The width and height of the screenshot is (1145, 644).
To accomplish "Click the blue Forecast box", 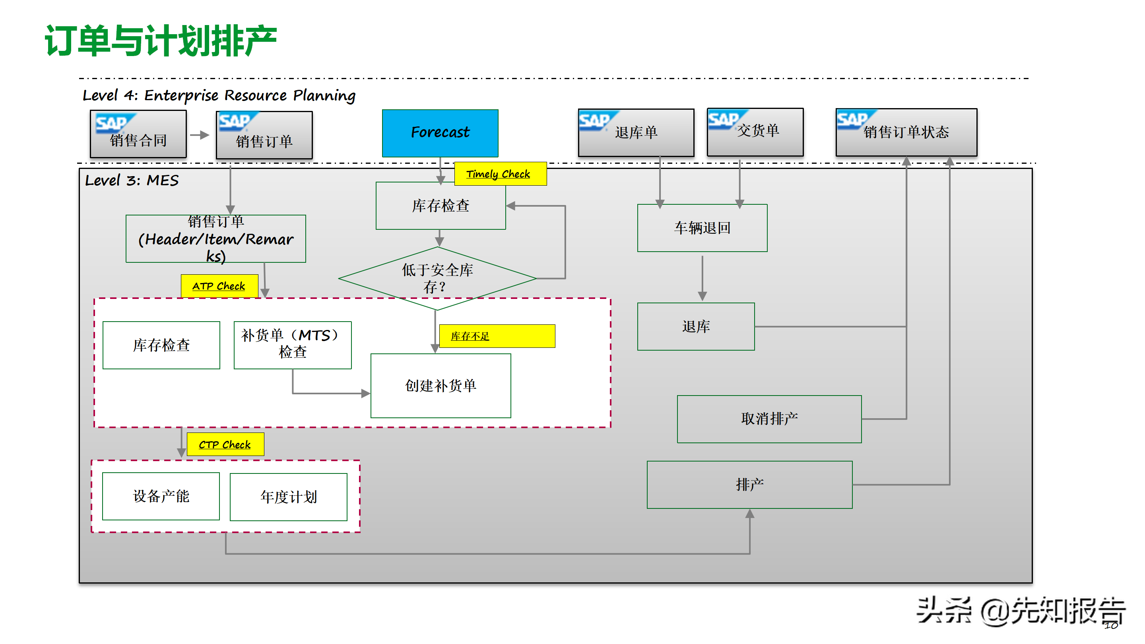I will pos(440,133).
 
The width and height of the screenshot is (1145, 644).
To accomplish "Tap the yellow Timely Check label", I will pos(500,174).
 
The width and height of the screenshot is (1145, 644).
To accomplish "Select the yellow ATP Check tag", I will pos(219,286).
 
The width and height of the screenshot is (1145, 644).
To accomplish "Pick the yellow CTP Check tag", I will pos(225,444).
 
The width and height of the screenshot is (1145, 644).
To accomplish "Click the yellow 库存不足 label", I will pos(497,336).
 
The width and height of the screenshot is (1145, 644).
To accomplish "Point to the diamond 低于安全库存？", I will pos(437,278).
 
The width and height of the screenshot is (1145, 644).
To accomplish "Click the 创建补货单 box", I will pos(441,385).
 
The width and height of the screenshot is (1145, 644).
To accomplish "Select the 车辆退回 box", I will pos(702,228).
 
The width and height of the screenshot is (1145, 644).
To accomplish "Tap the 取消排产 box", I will pos(769,419).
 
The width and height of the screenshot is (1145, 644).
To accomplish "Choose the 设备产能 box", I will pos(161,496).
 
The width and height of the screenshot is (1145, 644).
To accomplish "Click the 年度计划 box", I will pos(289,497).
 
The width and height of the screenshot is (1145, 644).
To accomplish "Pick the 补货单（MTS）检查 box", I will pos(293,345).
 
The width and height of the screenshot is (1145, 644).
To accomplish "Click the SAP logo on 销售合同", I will pos(113,123).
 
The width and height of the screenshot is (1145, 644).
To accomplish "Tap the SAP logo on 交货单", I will pos(724,119).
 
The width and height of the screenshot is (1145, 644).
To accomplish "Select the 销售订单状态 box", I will pos(906,132).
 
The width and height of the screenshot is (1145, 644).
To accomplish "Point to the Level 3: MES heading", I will pos(132,180).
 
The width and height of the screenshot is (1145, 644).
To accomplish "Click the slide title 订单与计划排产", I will pos(161,41).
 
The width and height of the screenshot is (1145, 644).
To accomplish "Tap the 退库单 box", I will pos(636,132).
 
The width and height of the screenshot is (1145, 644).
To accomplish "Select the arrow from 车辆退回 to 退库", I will pos(702,278).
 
